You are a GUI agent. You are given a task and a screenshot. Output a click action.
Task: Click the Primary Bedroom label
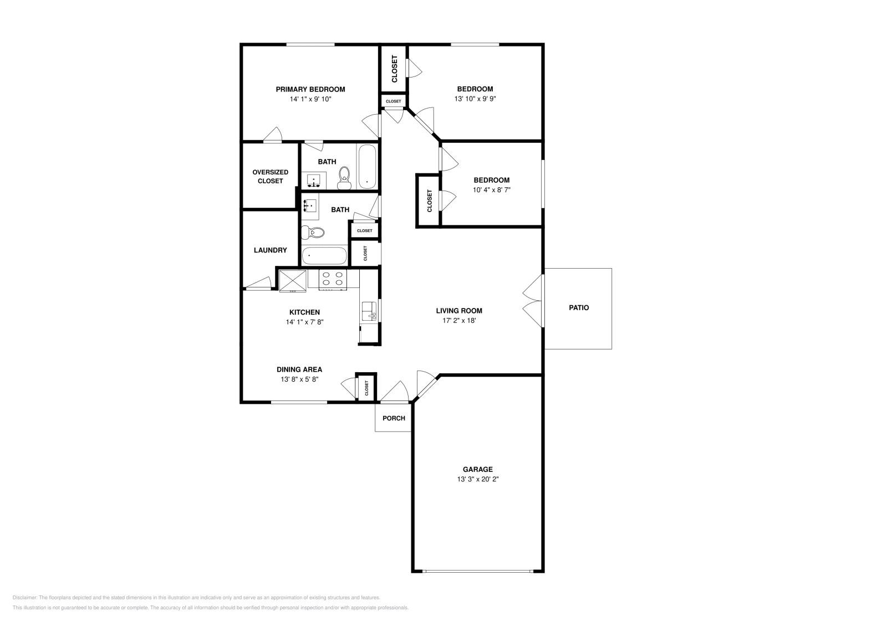[310, 89]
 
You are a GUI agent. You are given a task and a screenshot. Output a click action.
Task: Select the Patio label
[579, 307]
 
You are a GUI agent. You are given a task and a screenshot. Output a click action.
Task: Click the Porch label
[394, 418]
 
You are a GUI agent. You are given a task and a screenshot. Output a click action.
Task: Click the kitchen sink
[368, 311]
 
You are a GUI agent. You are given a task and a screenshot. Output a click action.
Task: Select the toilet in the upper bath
[345, 174]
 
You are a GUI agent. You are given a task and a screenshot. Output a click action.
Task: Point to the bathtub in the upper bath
[367, 166]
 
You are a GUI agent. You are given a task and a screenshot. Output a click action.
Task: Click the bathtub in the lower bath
[324, 256]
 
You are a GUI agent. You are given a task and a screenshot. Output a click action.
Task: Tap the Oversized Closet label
[270, 177]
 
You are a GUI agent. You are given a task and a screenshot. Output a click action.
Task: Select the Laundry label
[270, 250]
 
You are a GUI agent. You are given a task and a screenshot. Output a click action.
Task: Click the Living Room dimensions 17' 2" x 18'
[458, 321]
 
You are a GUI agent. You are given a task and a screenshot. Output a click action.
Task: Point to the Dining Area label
[299, 369]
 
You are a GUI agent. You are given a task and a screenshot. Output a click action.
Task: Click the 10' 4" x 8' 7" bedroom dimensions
[491, 190]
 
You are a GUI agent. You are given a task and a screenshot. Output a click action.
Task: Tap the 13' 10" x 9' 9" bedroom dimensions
[475, 99]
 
